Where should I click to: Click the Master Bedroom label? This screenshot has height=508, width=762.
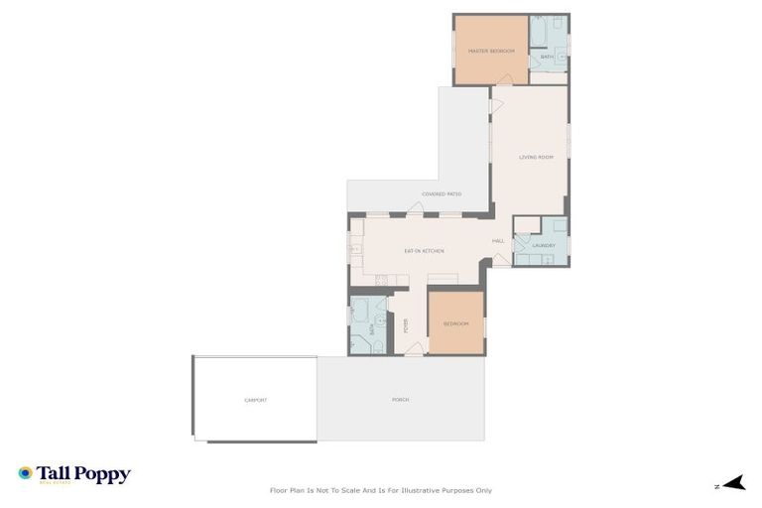pos(491,51)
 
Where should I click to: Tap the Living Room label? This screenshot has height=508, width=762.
pos(536,157)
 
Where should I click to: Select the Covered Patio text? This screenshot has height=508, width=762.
pos(442,194)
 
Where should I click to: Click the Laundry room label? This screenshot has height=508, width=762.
pos(543,245)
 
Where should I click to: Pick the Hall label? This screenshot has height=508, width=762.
pos(498,241)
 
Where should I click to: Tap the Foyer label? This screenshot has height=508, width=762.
pos(405,324)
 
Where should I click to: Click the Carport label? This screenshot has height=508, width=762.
pos(256,400)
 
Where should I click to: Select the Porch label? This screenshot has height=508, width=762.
pos(401,400)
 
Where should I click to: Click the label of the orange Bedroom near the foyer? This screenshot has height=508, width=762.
pos(455,323)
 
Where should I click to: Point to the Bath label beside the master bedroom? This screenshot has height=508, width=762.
pos(547,58)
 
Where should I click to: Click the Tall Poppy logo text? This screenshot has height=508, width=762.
pos(83,474)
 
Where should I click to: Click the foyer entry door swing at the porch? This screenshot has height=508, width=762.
pos(414,348)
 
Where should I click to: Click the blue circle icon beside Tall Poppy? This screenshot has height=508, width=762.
pos(25,473)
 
